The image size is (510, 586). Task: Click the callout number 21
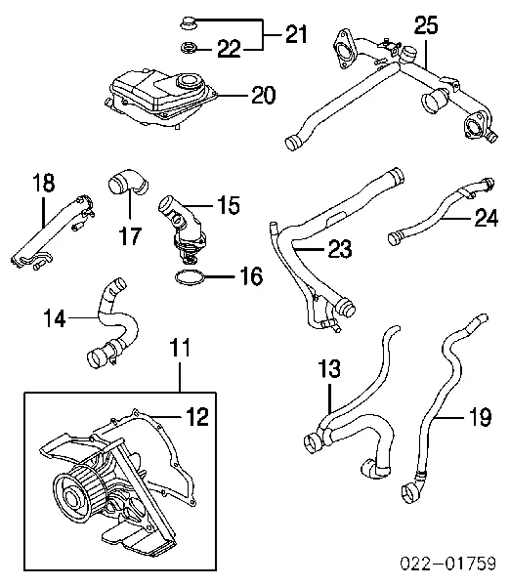point(296,34)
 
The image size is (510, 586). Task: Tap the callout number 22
point(229,49)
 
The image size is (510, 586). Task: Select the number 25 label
point(426,25)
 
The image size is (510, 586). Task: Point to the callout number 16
point(251,275)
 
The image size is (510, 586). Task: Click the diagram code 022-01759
point(447,564)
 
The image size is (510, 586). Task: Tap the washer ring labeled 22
point(187,48)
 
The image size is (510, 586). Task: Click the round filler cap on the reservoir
point(191,80)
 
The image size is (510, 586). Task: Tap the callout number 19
point(480,417)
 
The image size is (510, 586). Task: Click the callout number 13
point(329,368)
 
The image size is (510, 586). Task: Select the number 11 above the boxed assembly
point(180,348)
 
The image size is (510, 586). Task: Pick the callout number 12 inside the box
point(196,416)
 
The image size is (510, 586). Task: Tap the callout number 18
point(43,184)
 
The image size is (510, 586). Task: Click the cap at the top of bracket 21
point(186,22)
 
